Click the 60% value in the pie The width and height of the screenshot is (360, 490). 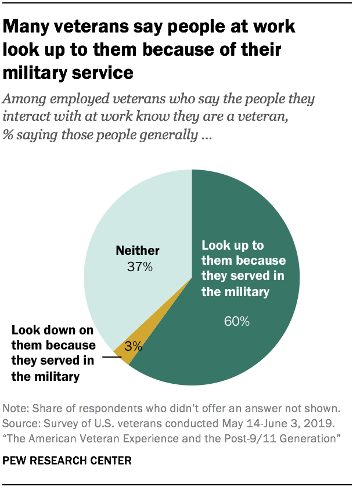pos(236,321)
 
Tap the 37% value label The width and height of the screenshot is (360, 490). pos(140,267)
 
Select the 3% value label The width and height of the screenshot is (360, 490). pos(133,348)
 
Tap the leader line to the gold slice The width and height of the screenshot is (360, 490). pos(111,358)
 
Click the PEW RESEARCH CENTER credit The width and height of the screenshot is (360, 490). pos(67,461)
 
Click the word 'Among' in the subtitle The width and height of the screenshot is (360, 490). pos(24,99)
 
